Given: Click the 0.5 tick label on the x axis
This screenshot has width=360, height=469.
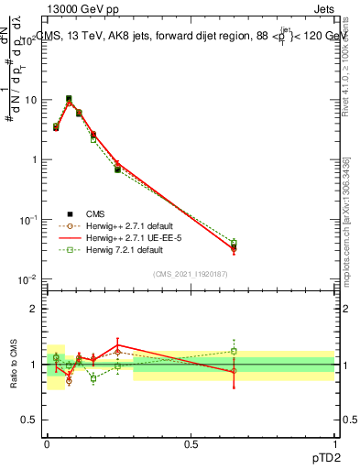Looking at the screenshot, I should (x=191, y=442).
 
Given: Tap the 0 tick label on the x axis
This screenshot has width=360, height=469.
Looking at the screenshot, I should (x=47, y=442).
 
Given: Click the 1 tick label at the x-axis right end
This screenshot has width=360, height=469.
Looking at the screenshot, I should (x=335, y=442).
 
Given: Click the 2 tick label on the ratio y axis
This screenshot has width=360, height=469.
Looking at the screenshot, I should (x=34, y=309).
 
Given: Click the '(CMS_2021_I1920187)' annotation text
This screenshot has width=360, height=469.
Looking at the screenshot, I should (x=190, y=273).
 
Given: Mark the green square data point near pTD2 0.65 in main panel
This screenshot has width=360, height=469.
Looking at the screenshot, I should (x=234, y=242).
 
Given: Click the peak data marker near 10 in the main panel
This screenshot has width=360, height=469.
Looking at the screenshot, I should (x=69, y=99).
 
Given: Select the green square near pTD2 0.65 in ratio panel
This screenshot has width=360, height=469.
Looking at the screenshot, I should (x=234, y=351).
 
